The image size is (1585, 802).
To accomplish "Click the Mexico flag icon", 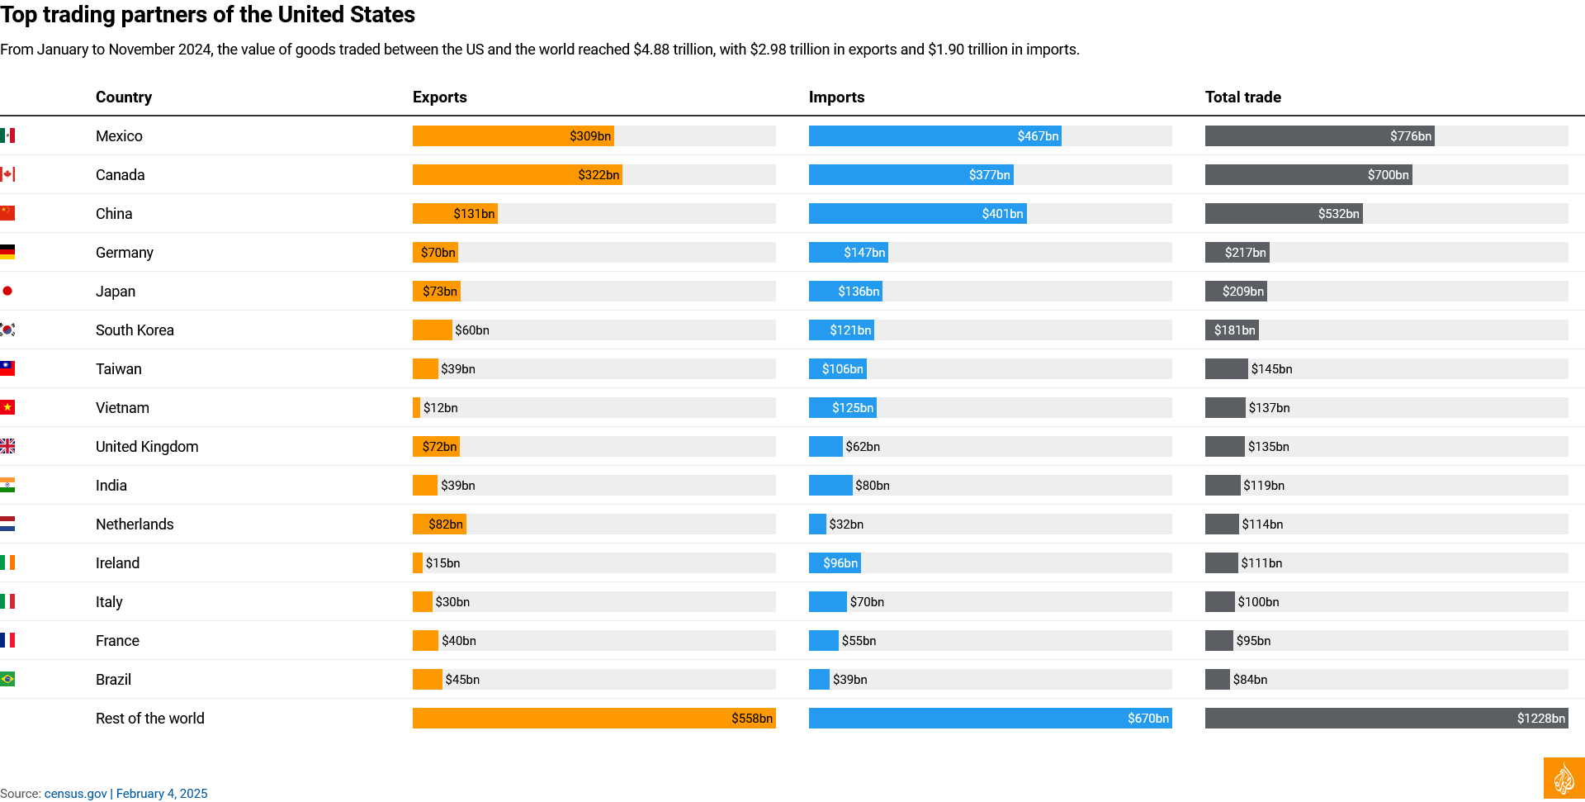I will tap(7, 135).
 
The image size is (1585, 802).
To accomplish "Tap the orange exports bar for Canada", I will tap(517, 175).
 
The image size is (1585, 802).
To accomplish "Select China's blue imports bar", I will tap(917, 214).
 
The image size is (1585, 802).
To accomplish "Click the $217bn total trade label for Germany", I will tap(1245, 253).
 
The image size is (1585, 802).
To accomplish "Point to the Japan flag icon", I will tap(7, 291).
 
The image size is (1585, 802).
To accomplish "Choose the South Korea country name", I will tap(135, 330).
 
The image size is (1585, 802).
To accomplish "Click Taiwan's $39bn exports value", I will tap(458, 369).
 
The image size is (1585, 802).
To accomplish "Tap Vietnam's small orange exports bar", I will tap(416, 408).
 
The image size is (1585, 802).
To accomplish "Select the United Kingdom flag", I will tap(7, 446).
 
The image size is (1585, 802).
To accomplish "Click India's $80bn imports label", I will tap(873, 486).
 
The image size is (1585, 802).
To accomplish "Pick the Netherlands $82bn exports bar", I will tap(439, 524).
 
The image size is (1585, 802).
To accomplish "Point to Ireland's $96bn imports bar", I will tap(835, 563).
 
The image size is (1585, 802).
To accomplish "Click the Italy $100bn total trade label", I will tap(1258, 602).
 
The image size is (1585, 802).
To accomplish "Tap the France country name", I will tap(117, 641).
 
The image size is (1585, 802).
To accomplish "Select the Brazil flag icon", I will tap(7, 679).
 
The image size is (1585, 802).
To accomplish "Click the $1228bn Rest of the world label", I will tap(1540, 719).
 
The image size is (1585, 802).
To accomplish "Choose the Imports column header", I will tap(836, 97).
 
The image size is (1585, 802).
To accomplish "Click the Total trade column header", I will tap(1242, 97).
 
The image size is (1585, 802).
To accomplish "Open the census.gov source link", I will tap(76, 794).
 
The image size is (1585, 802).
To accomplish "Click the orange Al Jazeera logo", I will tap(1564, 779).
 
